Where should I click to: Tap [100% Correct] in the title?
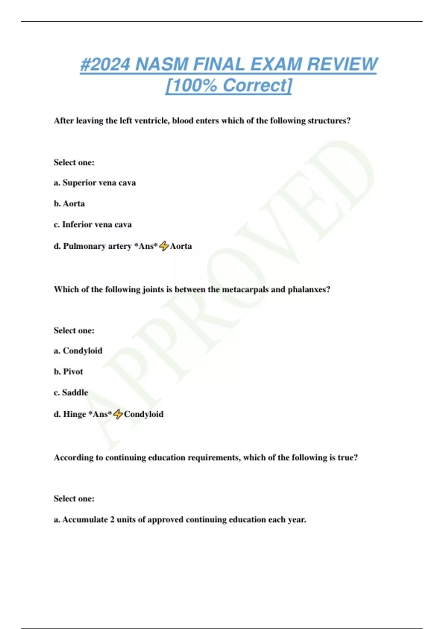click(x=229, y=85)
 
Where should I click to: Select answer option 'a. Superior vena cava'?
click(x=95, y=183)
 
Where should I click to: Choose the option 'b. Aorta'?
click(x=69, y=203)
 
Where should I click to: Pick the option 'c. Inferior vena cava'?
click(x=92, y=225)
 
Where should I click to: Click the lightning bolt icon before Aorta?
click(x=164, y=246)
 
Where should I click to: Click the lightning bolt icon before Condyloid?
click(x=118, y=414)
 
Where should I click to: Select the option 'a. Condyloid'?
click(x=78, y=351)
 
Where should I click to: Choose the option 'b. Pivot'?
click(x=68, y=371)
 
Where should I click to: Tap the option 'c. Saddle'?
click(x=71, y=393)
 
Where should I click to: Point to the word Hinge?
click(x=74, y=414)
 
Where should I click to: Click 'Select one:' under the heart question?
click(x=74, y=162)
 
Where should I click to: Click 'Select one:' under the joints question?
click(x=74, y=330)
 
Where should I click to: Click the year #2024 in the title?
click(x=105, y=64)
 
